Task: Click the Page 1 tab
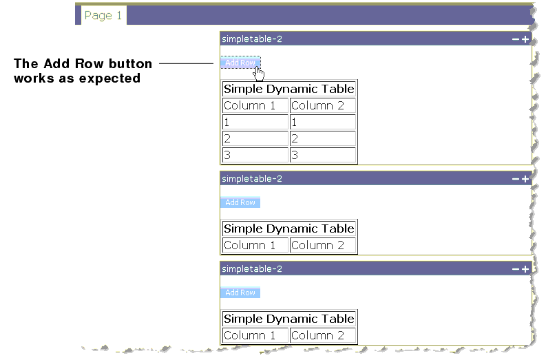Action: [103, 16]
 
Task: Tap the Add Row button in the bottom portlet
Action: [240, 293]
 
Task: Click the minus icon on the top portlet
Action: [516, 39]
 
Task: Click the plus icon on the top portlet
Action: [525, 39]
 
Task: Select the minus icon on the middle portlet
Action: [516, 179]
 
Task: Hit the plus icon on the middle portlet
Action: [525, 179]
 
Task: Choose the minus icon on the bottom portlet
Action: [516, 269]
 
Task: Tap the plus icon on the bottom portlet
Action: [525, 269]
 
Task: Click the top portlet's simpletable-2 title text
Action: [252, 39]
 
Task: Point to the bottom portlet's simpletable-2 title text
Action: [252, 269]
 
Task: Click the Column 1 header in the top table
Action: [255, 106]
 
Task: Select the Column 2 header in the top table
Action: [322, 106]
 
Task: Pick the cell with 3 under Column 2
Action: [322, 155]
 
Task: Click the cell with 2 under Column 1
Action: [255, 138]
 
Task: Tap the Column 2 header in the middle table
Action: [322, 245]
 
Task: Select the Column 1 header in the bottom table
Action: [255, 335]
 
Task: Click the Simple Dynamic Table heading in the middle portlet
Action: [288, 229]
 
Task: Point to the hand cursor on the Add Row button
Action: [258, 72]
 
